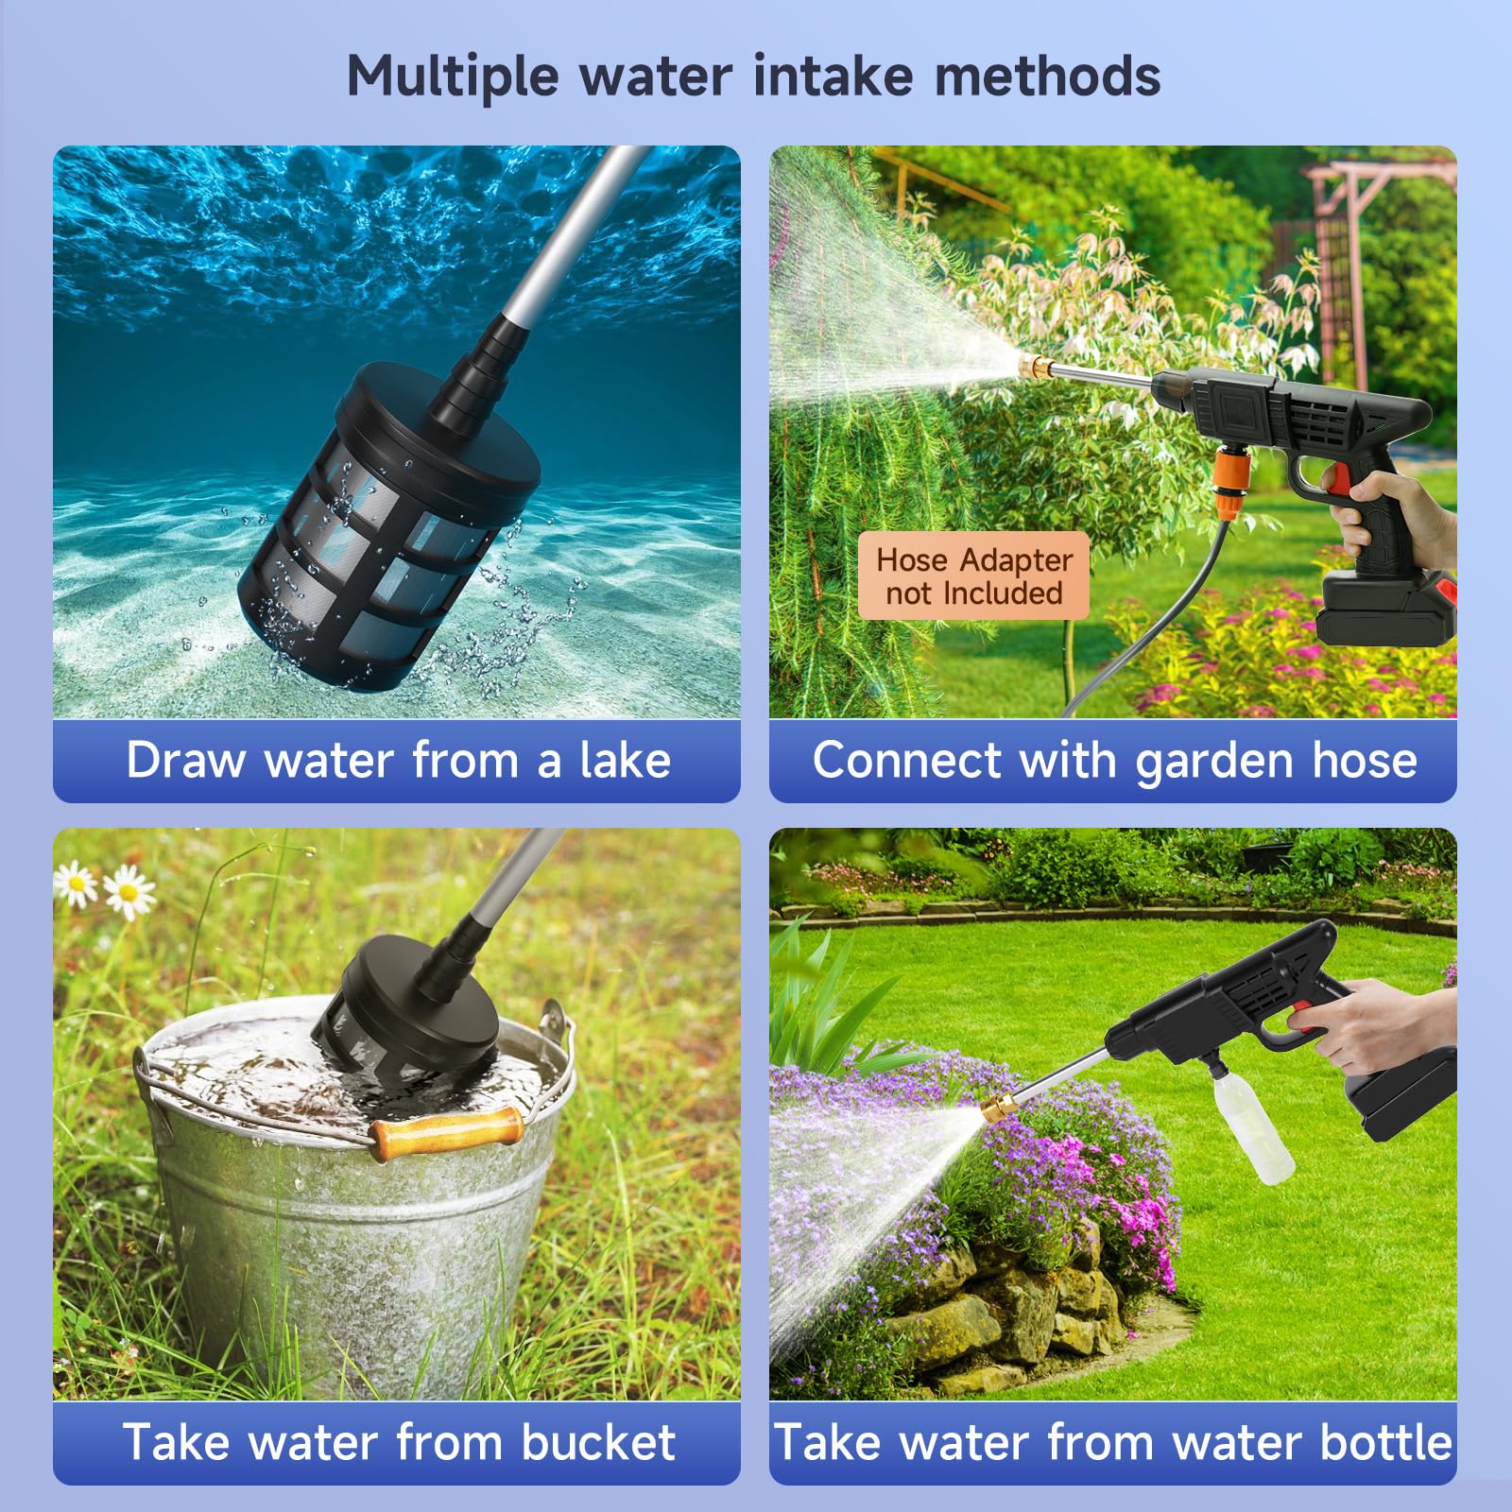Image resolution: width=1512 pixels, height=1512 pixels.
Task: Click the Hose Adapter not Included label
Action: coord(973,576)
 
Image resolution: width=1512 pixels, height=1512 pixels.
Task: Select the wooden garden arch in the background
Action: coord(1361,246)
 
